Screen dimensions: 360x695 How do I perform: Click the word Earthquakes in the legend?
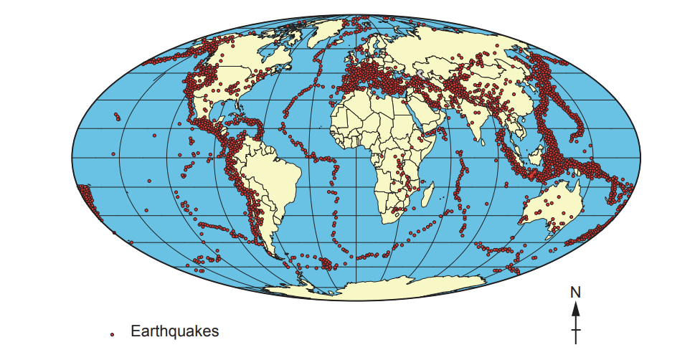pyautogui.click(x=174, y=331)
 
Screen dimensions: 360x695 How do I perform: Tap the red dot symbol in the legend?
pyautogui.click(x=112, y=334)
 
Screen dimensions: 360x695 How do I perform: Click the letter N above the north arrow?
pyautogui.click(x=575, y=293)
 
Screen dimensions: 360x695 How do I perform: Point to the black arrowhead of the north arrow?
pyautogui.click(x=575, y=308)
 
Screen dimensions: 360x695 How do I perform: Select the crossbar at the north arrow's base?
pyautogui.click(x=575, y=331)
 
